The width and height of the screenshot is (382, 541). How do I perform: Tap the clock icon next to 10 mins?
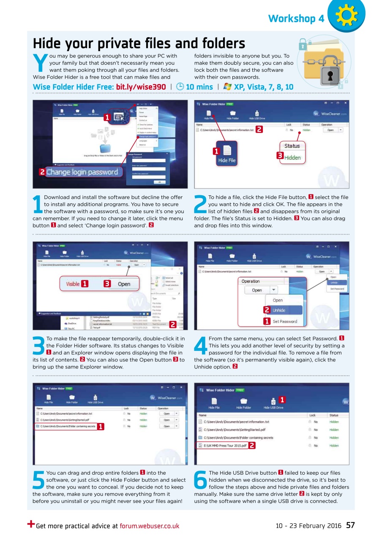click(x=180, y=87)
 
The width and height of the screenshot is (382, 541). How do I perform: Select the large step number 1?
click(x=38, y=205)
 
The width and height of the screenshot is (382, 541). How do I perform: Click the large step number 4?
click(x=200, y=346)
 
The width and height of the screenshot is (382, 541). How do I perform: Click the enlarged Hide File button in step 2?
click(x=226, y=154)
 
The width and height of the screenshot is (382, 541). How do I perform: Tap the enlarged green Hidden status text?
click(x=292, y=158)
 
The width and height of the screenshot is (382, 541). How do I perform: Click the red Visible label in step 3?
click(x=73, y=284)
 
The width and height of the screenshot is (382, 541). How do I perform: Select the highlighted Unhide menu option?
click(x=279, y=310)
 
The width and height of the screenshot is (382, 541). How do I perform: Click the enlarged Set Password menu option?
click(x=284, y=322)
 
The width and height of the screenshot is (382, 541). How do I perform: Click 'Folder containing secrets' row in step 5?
click(x=68, y=426)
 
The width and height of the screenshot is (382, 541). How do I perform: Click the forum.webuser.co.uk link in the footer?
click(x=150, y=526)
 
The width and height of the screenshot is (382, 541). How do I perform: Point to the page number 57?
click(x=350, y=525)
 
